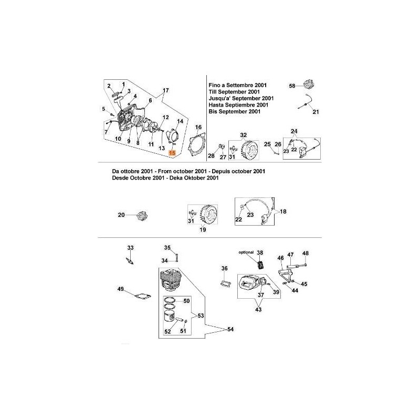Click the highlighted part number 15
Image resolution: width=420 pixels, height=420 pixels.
(172, 153)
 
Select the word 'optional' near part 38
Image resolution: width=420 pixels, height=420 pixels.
(246, 253)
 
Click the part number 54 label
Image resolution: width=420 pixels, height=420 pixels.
(230, 329)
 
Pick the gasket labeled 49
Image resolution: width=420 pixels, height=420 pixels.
(143, 296)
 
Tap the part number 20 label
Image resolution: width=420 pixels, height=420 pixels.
(121, 215)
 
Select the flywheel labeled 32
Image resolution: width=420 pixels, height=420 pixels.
(249, 150)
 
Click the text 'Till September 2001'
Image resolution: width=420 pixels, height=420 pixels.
(234, 92)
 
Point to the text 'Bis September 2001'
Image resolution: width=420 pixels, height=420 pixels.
(234, 111)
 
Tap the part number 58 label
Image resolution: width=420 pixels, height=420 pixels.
(292, 86)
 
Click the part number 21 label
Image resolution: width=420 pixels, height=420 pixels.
(316, 112)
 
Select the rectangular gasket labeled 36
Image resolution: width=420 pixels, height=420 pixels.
(225, 284)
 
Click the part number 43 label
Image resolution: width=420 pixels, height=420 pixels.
(258, 310)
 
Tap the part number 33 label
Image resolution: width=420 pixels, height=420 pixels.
(130, 248)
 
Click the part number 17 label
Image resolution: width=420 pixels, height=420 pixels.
(166, 90)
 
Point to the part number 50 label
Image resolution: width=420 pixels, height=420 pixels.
(186, 301)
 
